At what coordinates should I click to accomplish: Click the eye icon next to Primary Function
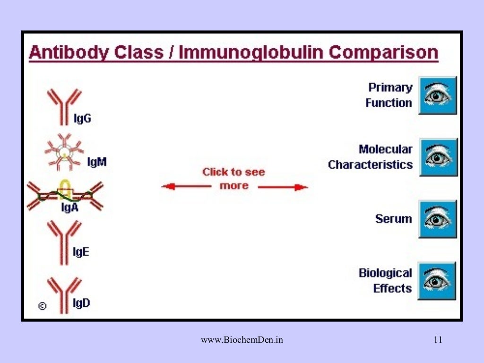(438, 95)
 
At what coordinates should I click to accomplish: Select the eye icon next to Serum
(438, 219)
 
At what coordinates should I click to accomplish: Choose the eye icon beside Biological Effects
(438, 281)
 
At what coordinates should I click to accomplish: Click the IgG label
(83, 119)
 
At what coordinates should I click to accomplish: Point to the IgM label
(97, 162)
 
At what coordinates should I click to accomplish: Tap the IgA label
(69, 207)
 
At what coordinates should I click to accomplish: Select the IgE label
(81, 252)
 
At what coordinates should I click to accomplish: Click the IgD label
(82, 303)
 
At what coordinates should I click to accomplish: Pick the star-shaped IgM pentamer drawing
(64, 152)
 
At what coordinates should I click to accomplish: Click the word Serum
(393, 219)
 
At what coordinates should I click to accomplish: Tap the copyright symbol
(42, 306)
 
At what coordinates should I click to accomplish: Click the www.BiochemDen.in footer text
(242, 339)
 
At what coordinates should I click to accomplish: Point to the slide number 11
(438, 339)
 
